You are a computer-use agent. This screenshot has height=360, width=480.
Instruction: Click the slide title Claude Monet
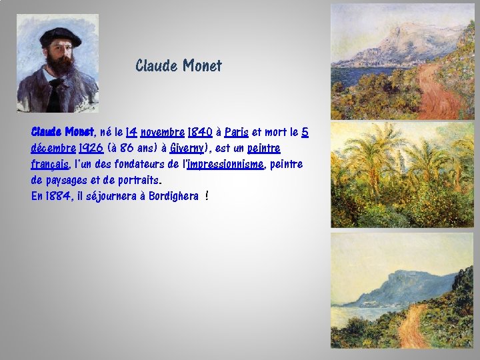(x=178, y=66)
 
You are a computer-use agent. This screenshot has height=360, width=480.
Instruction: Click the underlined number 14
(x=131, y=132)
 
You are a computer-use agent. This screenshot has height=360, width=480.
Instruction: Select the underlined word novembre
(x=163, y=132)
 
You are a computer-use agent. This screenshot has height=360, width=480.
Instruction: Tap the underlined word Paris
(x=237, y=132)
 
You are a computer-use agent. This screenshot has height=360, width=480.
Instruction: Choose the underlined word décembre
(x=54, y=148)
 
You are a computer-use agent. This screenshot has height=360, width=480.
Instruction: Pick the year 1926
(x=91, y=148)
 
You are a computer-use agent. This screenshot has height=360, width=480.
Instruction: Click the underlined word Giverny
(x=186, y=148)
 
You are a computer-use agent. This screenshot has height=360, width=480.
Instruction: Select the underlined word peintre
(x=264, y=148)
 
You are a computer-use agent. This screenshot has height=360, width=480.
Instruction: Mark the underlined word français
(x=49, y=164)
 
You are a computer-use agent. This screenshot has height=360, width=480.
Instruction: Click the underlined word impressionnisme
(x=225, y=164)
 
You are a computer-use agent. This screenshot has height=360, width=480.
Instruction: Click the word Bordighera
(x=173, y=196)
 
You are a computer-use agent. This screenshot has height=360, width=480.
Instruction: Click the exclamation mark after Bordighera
(x=208, y=196)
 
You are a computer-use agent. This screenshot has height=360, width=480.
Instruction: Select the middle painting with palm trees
(x=402, y=175)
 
